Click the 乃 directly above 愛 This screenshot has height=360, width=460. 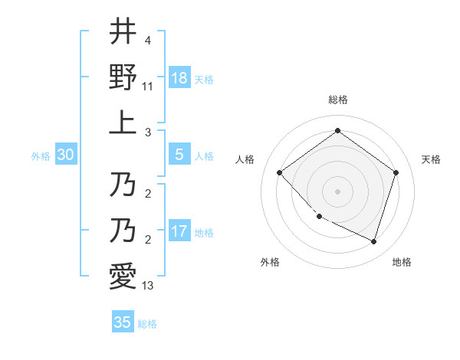tap(123, 230)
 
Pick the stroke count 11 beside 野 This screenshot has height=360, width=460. tap(148, 87)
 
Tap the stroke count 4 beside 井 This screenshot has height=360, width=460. tap(147, 39)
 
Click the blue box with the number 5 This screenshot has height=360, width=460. tap(179, 155)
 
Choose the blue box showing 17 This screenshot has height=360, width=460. tap(179, 231)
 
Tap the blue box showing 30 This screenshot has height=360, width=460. tap(66, 155)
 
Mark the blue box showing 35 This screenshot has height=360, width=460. tap(123, 322)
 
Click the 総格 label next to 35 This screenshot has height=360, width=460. tap(147, 324)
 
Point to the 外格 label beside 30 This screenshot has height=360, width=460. tap(41, 155)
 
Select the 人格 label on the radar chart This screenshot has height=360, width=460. tap(245, 159)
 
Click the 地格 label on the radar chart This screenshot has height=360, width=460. tap(402, 262)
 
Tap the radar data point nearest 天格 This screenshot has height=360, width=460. tap(396, 172)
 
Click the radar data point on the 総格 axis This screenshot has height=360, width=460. tap(337, 131)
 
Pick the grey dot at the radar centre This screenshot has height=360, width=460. tap(337, 191)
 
